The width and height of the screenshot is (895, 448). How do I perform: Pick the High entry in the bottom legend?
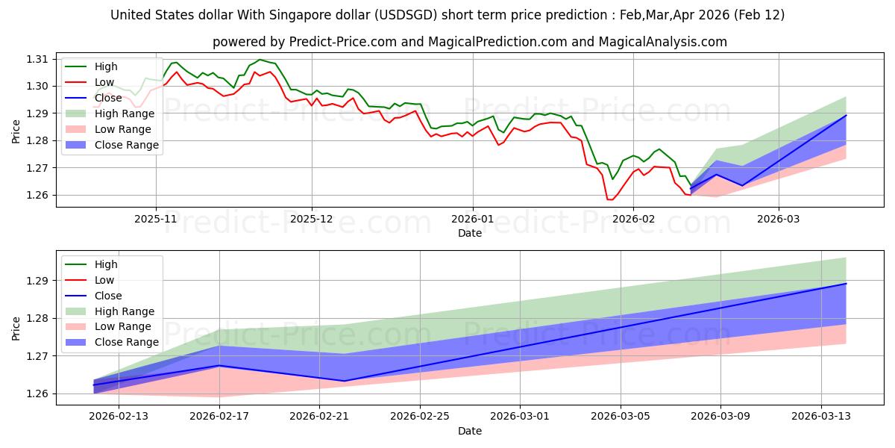point(106,264)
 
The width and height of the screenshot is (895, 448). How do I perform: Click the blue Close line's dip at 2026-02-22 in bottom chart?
point(345,381)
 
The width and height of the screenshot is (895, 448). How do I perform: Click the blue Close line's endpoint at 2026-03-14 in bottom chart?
point(846,284)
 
